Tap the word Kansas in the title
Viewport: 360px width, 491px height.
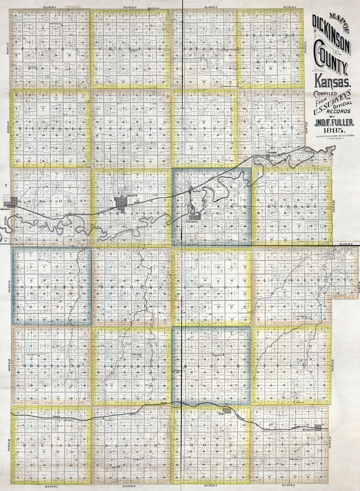[x=333, y=83]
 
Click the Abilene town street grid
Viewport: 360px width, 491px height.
[x=121, y=202]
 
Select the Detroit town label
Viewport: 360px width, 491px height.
[x=196, y=191]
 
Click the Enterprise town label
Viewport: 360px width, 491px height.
[x=194, y=222]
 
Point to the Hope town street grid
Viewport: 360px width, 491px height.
[x=226, y=410]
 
